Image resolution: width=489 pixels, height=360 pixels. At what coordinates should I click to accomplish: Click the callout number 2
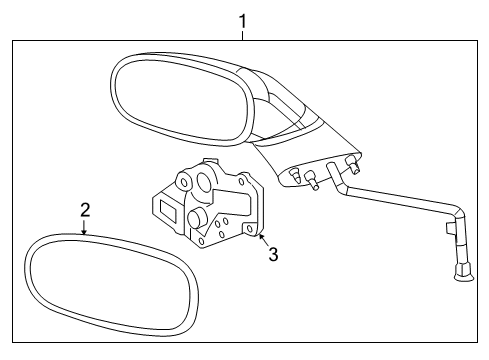pos(85,209)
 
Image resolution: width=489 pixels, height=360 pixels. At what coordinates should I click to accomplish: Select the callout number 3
pos(273,254)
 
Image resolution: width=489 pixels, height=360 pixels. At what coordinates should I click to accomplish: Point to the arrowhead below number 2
pos(85,232)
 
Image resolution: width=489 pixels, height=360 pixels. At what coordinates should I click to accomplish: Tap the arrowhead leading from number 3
pos(260,236)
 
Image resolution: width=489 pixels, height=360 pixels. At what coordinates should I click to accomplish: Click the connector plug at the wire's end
pos(462,270)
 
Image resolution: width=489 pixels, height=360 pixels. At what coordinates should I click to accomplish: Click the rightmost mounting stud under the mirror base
pos(351,160)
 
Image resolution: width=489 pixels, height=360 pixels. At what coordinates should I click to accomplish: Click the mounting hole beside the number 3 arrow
pos(248,229)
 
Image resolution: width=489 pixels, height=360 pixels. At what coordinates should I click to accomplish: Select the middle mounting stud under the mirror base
pos(313,180)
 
